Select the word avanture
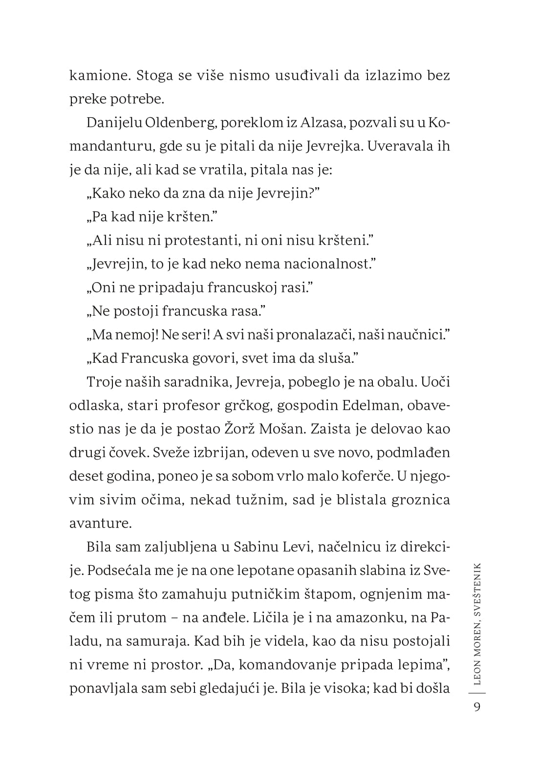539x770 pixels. pyautogui.click(x=100, y=523)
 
